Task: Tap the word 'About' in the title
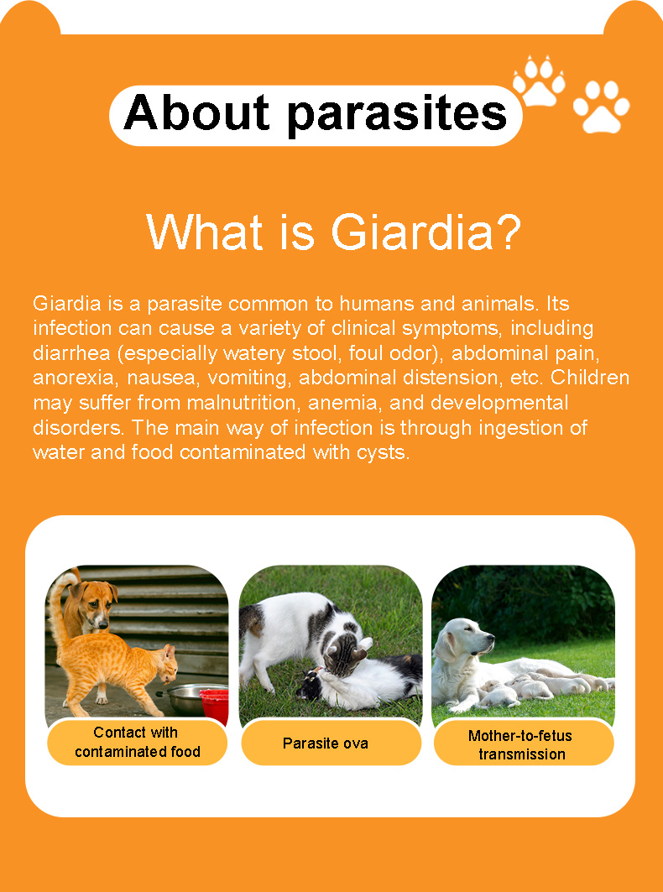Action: click(x=196, y=112)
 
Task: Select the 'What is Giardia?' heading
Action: click(x=333, y=232)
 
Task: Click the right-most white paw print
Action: click(x=601, y=107)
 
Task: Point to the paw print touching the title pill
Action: click(x=538, y=81)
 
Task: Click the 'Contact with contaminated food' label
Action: click(x=137, y=742)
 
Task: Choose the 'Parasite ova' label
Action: click(x=326, y=743)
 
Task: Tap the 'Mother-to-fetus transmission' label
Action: click(x=520, y=744)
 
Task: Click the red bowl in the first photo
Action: click(x=214, y=705)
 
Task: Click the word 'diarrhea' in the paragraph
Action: click(x=71, y=352)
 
